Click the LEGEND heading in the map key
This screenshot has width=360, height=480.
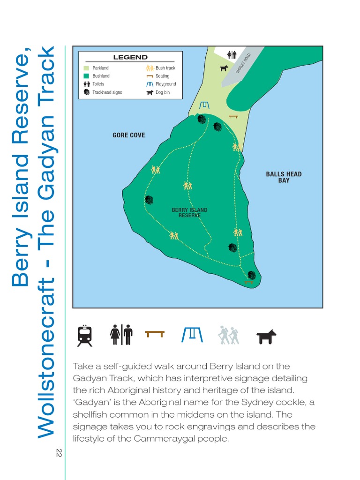130,57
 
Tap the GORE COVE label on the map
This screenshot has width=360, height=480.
128,135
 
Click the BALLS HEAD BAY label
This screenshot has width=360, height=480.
284,177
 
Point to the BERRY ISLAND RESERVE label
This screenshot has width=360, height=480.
189,213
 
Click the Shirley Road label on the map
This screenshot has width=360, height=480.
243,63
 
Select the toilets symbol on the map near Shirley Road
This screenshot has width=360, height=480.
232,55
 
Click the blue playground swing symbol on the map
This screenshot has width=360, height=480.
204,105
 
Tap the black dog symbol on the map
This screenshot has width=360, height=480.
224,68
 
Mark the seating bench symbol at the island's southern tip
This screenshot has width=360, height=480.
249,282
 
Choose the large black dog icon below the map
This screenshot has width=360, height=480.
266,336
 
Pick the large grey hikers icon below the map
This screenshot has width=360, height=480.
228,335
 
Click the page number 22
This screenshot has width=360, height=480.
59,453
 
